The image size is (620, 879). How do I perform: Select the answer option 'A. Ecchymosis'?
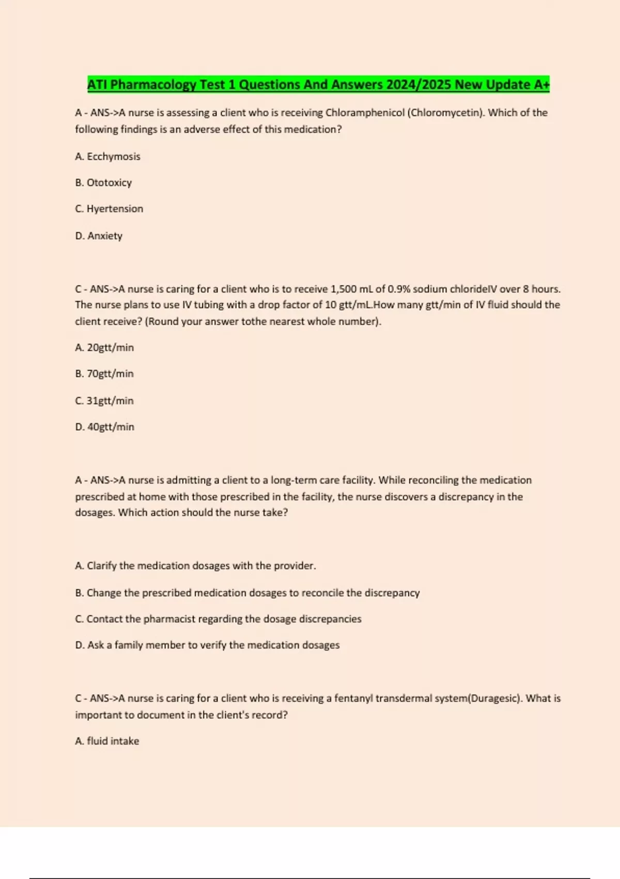[107, 157]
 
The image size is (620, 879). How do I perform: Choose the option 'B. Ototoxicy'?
[103, 183]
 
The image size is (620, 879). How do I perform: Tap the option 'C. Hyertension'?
[109, 209]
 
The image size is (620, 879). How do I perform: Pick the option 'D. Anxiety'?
[99, 236]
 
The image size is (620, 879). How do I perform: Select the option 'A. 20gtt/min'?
[104, 347]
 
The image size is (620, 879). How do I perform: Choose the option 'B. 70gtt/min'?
[104, 374]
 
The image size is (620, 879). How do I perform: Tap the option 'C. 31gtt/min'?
[104, 401]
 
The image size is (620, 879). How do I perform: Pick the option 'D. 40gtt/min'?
[104, 427]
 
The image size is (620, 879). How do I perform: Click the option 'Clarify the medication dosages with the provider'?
[195, 566]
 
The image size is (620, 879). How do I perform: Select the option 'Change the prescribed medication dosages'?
[247, 593]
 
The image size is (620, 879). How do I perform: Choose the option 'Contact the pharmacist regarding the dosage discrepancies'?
[218, 619]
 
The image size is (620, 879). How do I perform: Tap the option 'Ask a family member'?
[207, 645]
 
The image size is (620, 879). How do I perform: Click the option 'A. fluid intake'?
[107, 741]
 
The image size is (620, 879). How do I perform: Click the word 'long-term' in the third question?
[293, 480]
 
